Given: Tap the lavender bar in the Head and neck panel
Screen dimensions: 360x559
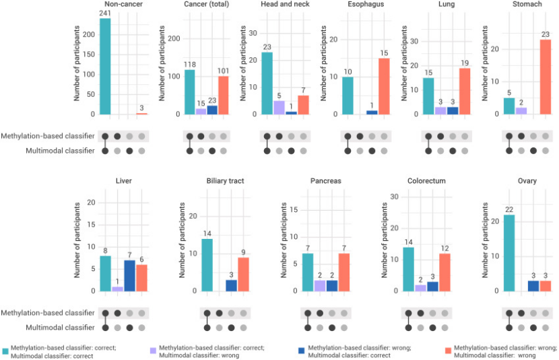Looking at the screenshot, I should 279,108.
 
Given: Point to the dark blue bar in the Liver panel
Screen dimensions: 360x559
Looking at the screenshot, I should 129,275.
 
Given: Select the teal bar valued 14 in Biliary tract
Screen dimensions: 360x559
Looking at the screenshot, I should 207,264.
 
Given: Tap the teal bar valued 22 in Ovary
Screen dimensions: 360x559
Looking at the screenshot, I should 509,252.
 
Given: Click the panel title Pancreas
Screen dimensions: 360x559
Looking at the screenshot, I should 325,181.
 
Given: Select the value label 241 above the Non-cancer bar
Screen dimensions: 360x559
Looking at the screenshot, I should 105,13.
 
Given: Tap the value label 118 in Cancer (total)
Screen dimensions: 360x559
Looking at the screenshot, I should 189,65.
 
